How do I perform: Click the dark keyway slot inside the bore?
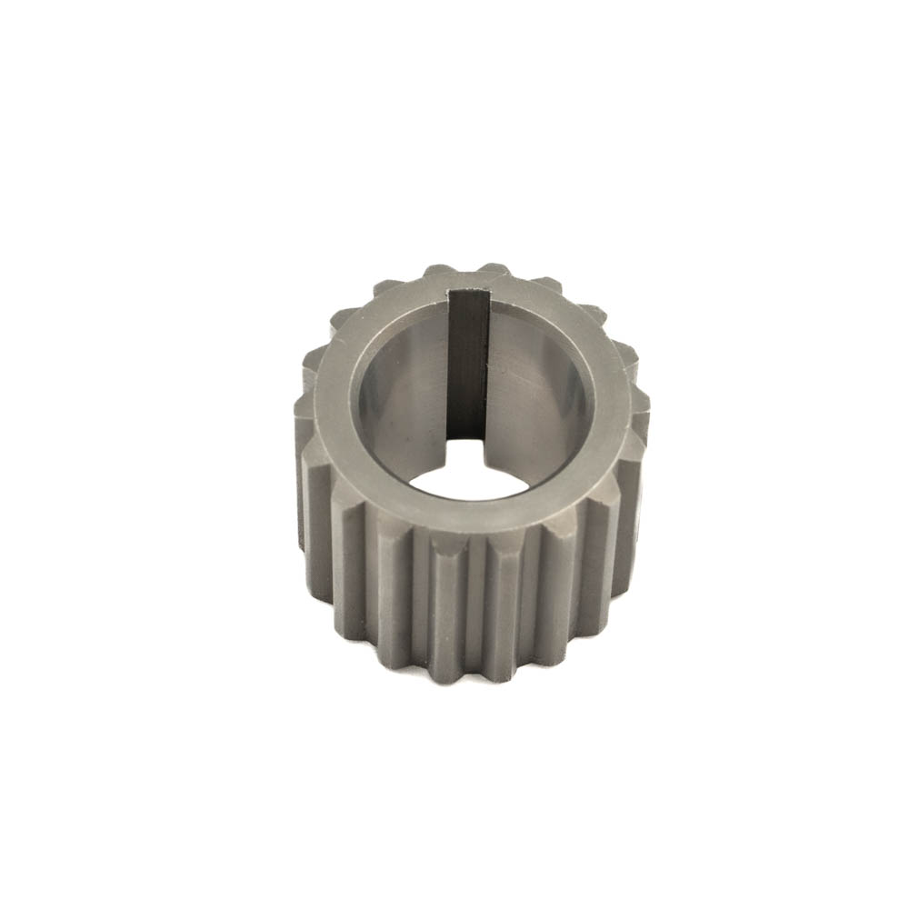point(468,364)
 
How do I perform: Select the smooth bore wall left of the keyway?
point(405,391)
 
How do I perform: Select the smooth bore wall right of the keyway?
point(536,382)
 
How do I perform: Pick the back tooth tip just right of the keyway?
point(495,269)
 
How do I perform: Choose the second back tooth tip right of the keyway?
point(546,283)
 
